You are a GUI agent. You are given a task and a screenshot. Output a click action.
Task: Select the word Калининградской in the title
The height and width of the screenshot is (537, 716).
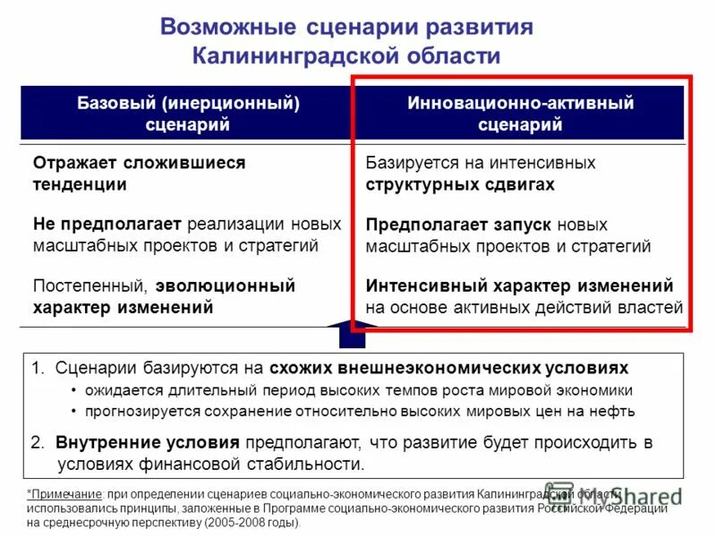(287, 55)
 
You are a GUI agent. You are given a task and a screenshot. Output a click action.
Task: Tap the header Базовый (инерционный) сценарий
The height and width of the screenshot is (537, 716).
(187, 114)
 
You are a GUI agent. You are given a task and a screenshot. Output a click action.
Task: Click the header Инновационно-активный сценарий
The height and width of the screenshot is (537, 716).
(520, 114)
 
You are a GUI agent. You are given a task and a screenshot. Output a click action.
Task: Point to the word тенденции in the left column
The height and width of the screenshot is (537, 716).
(80, 185)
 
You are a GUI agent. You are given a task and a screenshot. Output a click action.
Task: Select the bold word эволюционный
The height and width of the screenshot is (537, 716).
(225, 286)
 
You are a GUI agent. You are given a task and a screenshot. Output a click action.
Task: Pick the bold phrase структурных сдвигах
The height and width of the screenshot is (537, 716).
(460, 185)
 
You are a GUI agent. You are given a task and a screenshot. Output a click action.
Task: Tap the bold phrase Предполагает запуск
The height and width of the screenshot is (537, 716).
(459, 224)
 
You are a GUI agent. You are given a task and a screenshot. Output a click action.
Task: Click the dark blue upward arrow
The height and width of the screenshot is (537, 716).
(353, 335)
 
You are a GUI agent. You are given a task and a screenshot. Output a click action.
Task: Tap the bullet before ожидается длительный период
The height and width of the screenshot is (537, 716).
(73, 391)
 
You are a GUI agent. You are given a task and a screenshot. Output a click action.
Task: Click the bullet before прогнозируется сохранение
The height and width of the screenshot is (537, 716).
(73, 413)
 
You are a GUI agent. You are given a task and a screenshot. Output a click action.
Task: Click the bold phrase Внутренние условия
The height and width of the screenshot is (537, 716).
(148, 443)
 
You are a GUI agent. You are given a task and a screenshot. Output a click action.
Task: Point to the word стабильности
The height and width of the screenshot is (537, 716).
(303, 465)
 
